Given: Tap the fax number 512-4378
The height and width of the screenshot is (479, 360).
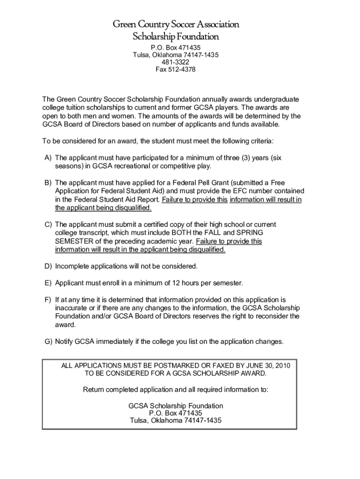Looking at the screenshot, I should tap(182, 70).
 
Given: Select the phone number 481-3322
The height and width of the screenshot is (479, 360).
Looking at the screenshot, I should tap(175, 62).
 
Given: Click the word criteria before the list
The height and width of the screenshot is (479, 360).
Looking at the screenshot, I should tap(260, 141).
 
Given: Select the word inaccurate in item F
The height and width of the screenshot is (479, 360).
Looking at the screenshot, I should tap(71, 308).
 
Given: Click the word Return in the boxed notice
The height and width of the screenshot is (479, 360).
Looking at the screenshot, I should tap(94, 390).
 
